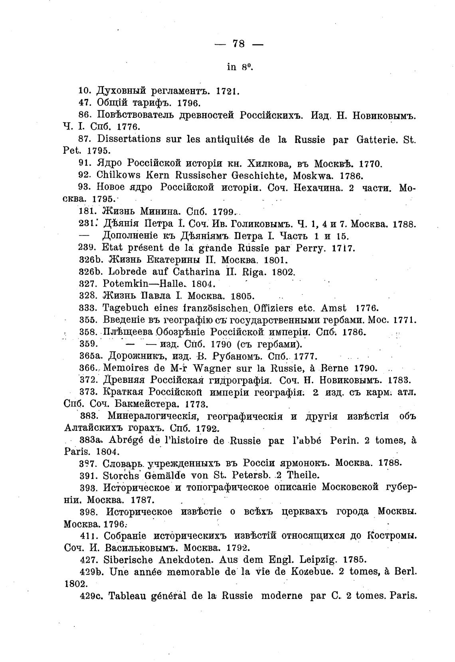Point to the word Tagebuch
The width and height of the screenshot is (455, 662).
pyautogui.click(x=126, y=308)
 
